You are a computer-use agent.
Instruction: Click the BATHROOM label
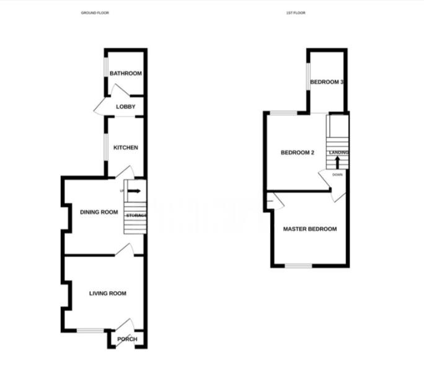(126, 74)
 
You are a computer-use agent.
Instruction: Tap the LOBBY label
(125, 107)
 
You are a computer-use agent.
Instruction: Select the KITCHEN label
(125, 147)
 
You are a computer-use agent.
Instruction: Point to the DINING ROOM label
(99, 212)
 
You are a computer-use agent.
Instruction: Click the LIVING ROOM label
(107, 294)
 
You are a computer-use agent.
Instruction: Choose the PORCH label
(127, 339)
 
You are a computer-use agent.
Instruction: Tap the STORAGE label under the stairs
(136, 216)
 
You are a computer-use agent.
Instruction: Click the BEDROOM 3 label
(327, 82)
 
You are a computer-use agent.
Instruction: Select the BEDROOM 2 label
(298, 153)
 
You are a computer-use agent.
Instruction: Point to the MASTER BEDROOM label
(310, 229)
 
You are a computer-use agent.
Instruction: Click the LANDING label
(338, 152)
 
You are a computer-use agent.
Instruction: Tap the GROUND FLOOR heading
(95, 12)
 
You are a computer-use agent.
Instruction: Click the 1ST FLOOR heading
(296, 12)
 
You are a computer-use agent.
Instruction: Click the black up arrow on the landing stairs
(337, 162)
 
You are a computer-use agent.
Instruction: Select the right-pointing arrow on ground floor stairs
(135, 191)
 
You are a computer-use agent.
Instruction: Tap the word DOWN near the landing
(337, 175)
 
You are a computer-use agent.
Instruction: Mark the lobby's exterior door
(101, 108)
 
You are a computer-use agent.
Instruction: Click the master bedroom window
(299, 266)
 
